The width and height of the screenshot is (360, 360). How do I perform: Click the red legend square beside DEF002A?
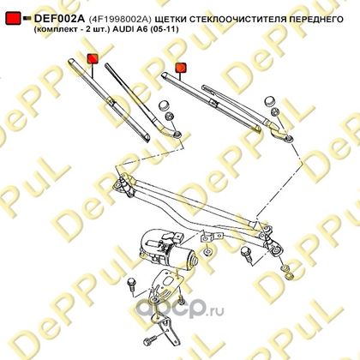coord(13,18)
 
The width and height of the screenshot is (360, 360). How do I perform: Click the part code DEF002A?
coord(59,19)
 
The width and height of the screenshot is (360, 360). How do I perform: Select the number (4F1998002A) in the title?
coord(119,19)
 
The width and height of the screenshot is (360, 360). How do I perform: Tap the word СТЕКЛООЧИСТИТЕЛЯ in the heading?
coord(237,19)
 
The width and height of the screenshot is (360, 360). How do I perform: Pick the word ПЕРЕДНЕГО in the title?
coord(315,19)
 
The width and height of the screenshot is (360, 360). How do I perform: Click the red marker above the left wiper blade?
coord(93,58)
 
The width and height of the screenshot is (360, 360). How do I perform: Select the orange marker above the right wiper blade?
coord(181,68)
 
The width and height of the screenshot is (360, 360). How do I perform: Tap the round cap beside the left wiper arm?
coord(164,105)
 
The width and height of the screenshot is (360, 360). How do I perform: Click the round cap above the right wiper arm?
coord(270,101)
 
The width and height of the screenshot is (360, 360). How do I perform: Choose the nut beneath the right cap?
coord(274,111)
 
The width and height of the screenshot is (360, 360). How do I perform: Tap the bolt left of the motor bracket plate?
coord(132,284)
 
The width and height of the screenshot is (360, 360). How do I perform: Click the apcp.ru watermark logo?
coord(180,309)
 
